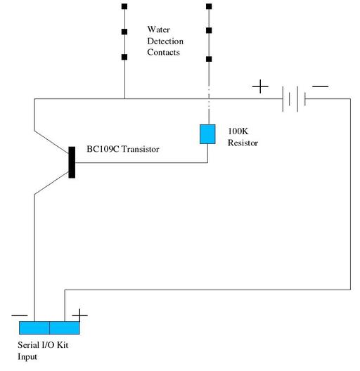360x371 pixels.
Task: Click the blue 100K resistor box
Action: (207, 134)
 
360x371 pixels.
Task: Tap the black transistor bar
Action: (72, 162)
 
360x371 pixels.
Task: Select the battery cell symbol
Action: (294, 99)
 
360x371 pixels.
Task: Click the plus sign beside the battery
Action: (260, 86)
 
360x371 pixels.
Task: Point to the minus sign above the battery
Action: (320, 86)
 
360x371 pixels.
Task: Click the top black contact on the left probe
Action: (124, 6)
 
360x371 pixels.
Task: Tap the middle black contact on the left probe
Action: (124, 32)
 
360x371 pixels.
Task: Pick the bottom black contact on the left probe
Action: (124, 57)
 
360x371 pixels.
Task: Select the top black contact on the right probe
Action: (209, 6)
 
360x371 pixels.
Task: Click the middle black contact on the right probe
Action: (209, 30)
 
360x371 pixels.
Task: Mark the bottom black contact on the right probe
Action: (209, 59)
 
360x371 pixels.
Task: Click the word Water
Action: (158, 30)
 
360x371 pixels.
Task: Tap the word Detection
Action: (165, 41)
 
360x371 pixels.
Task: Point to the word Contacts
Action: (163, 52)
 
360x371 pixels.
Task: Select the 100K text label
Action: (238, 131)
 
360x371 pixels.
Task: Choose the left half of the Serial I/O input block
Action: (34, 327)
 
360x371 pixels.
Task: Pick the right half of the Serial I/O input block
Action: (65, 327)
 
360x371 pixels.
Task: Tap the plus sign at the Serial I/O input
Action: (80, 315)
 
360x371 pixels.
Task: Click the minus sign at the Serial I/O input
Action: (20, 315)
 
